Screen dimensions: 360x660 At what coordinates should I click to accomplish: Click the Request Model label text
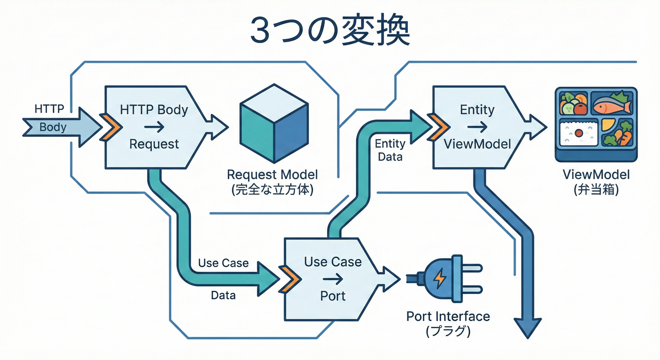click(x=272, y=175)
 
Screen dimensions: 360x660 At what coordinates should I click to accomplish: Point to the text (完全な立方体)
click(x=272, y=190)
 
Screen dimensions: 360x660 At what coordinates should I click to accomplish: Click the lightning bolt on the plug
click(x=440, y=279)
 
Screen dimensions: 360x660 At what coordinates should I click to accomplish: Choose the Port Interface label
click(x=448, y=316)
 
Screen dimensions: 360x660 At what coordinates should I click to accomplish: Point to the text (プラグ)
click(x=448, y=331)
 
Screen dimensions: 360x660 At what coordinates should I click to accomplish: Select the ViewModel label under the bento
click(x=596, y=175)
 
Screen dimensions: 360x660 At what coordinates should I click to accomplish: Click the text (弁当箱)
click(x=596, y=190)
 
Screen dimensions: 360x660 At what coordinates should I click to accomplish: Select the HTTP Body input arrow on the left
click(x=61, y=127)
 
